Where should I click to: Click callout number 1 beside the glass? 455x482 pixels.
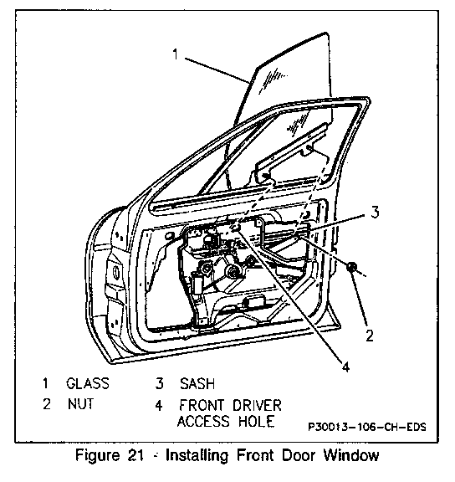click(175, 54)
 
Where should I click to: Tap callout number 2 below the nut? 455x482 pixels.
click(370, 336)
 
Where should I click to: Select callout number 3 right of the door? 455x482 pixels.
click(375, 212)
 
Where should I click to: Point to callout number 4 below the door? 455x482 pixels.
click(346, 367)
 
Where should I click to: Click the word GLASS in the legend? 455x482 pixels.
click(88, 383)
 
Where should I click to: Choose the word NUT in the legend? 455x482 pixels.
click(81, 404)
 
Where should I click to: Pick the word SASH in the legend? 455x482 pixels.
click(197, 383)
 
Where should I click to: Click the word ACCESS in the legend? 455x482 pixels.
click(203, 421)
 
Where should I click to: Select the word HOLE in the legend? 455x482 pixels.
click(257, 421)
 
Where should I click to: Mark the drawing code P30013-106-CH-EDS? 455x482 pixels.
click(367, 427)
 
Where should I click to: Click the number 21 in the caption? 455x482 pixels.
click(135, 455)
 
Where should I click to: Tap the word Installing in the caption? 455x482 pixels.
click(197, 456)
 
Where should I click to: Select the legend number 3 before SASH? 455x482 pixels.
click(160, 383)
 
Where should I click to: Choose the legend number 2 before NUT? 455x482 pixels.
click(47, 404)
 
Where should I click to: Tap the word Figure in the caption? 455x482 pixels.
click(97, 456)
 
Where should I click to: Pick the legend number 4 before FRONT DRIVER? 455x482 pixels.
click(159, 406)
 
